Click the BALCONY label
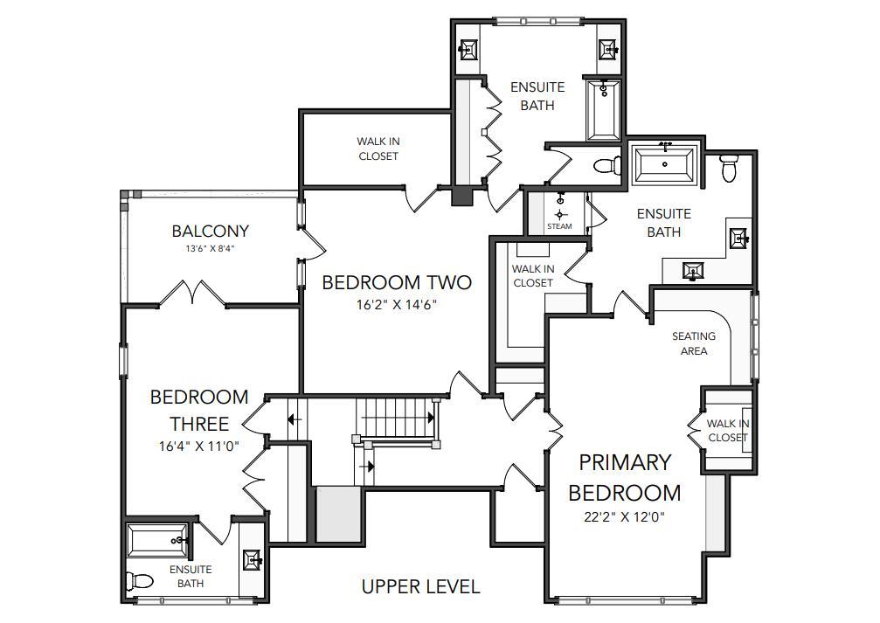(x=210, y=231)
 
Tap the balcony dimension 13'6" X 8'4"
(x=210, y=248)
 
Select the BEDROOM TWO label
(x=397, y=282)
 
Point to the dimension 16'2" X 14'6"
(x=397, y=305)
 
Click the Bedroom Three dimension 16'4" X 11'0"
(x=199, y=446)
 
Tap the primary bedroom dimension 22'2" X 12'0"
(x=624, y=517)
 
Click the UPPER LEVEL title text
(x=421, y=587)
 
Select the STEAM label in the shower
(x=559, y=226)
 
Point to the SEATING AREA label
(x=694, y=343)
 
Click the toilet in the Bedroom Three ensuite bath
(x=140, y=581)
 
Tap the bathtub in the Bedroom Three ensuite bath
(x=157, y=540)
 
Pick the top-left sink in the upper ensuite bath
(x=468, y=50)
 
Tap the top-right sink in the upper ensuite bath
(x=608, y=50)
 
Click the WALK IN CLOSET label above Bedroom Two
(x=378, y=149)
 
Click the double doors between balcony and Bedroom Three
(x=192, y=293)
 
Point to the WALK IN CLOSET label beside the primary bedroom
(x=727, y=431)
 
